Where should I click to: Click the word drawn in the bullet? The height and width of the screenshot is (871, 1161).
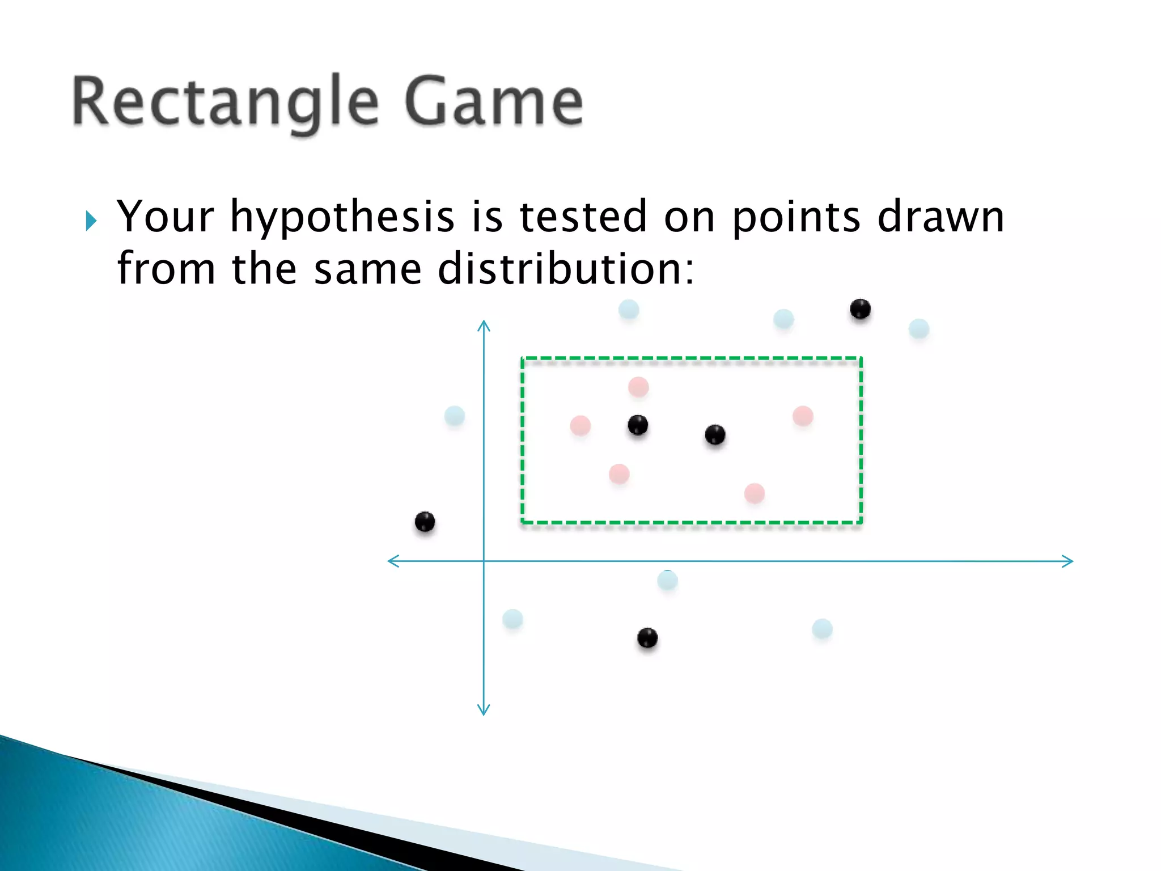click(x=940, y=217)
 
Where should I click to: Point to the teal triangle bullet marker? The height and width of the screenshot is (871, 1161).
click(x=91, y=221)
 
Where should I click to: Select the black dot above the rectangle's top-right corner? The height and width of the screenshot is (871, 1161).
click(x=860, y=309)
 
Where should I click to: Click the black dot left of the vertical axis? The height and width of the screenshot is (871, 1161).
click(x=425, y=522)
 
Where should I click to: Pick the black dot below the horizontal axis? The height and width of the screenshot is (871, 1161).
click(x=647, y=638)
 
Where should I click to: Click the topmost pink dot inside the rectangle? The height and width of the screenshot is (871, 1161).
click(x=638, y=387)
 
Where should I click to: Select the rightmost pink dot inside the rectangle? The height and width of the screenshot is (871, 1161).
click(x=803, y=416)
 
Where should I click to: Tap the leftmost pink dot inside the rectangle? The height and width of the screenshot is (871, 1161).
click(x=580, y=425)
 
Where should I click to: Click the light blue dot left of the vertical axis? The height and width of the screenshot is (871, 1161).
click(x=455, y=416)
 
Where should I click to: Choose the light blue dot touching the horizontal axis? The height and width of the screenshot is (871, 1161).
click(x=667, y=580)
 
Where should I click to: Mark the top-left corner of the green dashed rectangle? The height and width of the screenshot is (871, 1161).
click(x=523, y=358)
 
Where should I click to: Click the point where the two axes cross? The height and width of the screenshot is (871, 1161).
click(x=484, y=561)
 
